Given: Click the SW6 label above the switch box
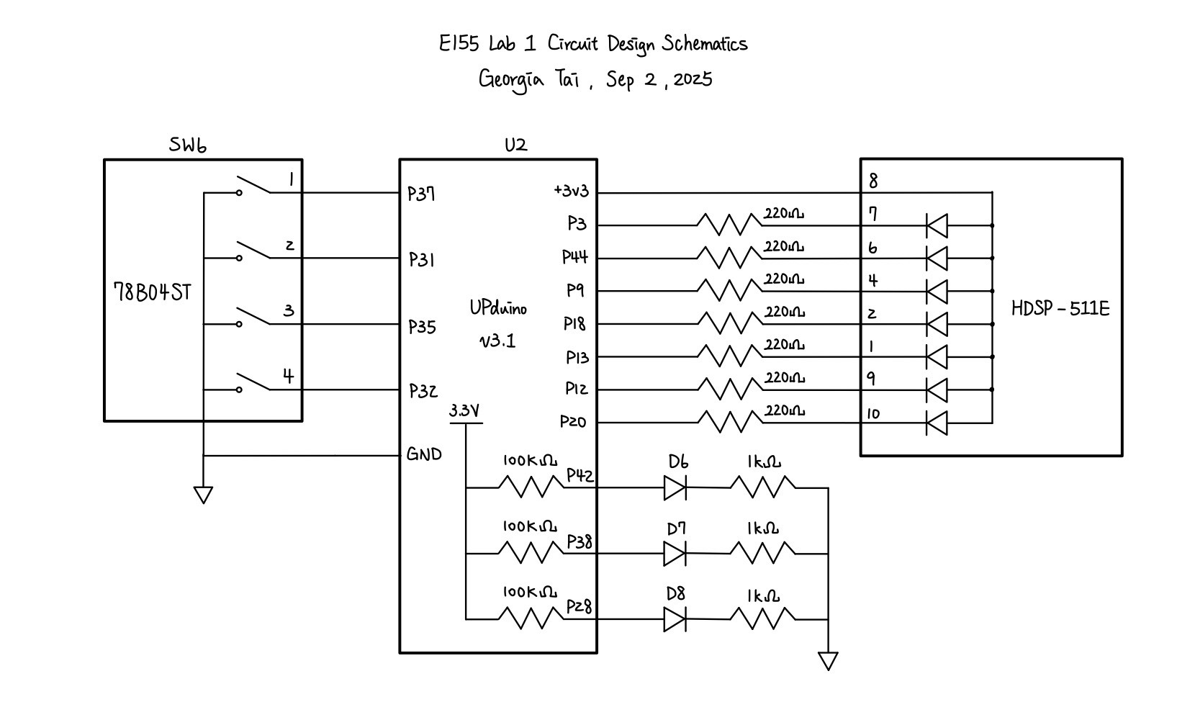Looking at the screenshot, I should [188, 145].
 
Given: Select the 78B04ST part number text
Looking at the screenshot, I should [153, 292].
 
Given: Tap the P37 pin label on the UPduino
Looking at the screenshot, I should [421, 194].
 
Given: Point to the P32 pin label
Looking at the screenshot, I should [423, 391].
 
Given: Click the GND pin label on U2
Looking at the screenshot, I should [424, 454].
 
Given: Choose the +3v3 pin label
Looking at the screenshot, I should [571, 191].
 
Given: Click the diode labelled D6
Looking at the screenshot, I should [675, 488].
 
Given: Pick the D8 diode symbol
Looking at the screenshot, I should [675, 619].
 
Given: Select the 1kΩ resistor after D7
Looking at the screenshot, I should [763, 553].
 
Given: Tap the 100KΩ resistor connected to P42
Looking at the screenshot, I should [531, 487].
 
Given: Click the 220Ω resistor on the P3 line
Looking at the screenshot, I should [729, 225].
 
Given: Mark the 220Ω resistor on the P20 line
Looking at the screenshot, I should [729, 421].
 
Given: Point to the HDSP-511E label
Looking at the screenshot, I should [1060, 309].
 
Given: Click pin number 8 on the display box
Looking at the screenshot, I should [873, 181].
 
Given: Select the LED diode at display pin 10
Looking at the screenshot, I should [937, 422].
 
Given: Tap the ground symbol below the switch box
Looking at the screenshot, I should [204, 495].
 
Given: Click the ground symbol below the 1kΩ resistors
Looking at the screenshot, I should [829, 660].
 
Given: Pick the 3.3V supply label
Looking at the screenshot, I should [464, 411].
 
